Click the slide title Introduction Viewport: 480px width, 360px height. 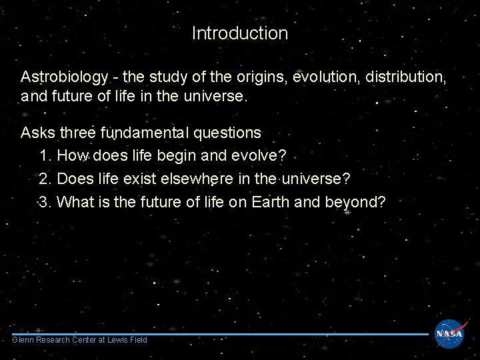(x=239, y=33)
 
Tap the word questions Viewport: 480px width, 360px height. (x=227, y=133)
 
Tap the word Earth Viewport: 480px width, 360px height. (x=270, y=202)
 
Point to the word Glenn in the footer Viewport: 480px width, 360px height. (x=23, y=340)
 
